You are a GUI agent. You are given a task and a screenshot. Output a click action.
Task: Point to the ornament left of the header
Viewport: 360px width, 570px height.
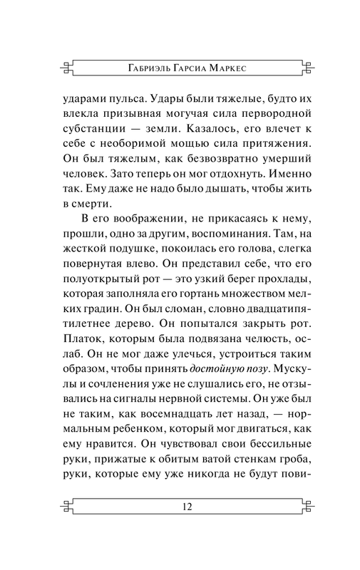(67, 68)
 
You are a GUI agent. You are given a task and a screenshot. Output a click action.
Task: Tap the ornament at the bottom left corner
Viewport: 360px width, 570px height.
(67, 508)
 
